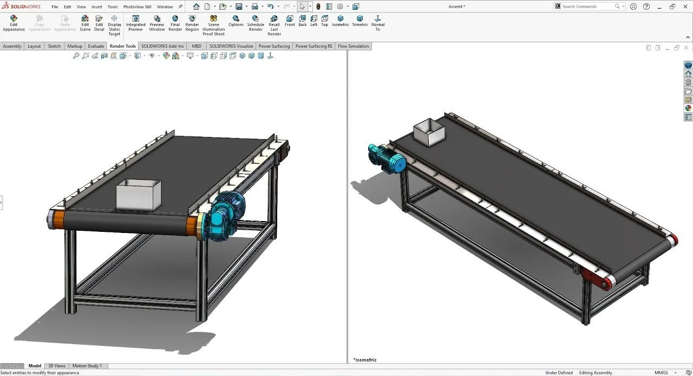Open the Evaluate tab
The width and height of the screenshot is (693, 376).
click(96, 46)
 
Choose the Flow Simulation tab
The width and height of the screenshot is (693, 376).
click(354, 46)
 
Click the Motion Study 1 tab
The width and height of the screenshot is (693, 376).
click(87, 366)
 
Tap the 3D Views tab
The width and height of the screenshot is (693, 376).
click(56, 366)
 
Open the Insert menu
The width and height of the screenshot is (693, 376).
click(97, 7)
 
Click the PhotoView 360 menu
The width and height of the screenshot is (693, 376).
click(137, 7)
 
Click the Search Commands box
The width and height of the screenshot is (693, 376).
click(587, 7)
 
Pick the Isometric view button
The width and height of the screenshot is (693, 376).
click(341, 21)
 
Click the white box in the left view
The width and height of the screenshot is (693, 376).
click(139, 196)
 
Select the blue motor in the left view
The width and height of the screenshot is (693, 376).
click(226, 217)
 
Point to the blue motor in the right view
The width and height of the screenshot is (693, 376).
click(388, 159)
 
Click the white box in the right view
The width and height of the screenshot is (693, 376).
click(428, 132)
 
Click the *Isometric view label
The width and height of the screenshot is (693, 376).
click(365, 360)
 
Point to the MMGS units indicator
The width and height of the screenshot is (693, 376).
click(661, 373)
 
